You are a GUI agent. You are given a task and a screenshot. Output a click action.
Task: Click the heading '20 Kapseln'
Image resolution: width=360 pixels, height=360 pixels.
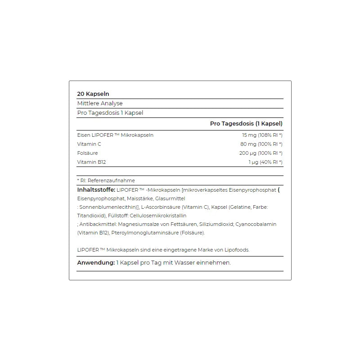[93, 94]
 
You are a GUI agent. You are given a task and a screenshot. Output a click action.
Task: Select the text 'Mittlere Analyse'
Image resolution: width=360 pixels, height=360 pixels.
[99, 103]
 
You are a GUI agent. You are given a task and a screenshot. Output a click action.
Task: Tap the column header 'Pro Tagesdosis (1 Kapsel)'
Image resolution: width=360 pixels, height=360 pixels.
[246, 124]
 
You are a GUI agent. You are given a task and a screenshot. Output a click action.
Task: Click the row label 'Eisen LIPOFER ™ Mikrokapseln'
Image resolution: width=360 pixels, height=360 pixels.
[115, 135]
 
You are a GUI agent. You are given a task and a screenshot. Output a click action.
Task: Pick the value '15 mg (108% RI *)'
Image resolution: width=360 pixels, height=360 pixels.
[262, 135]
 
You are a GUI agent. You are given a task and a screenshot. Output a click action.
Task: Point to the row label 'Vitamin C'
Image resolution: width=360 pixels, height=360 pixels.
[89, 144]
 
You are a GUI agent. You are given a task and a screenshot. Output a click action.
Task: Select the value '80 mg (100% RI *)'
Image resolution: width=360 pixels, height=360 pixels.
[261, 144]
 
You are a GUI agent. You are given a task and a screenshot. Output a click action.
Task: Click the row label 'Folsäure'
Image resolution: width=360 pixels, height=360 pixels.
[87, 153]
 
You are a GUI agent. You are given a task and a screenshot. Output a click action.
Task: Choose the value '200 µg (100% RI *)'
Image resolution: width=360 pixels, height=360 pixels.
[261, 153]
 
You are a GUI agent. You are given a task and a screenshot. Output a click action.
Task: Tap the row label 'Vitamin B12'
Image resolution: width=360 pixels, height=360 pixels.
[91, 162]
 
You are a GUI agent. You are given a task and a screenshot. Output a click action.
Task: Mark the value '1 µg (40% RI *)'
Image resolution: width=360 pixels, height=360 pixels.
[265, 162]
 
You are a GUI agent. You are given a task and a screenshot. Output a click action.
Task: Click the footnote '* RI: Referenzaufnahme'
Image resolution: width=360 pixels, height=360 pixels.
[106, 180]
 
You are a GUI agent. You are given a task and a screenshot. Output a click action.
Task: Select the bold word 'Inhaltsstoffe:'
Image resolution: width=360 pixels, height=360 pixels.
[96, 190]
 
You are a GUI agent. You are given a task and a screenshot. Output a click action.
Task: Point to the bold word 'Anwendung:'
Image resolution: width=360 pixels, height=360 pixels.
[96, 263]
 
